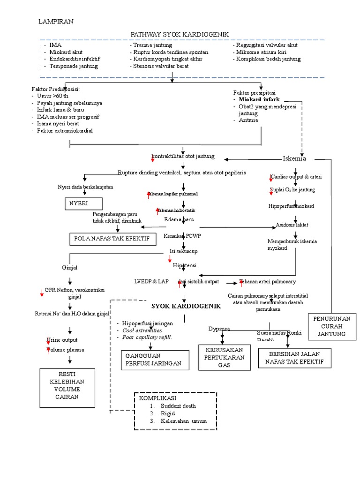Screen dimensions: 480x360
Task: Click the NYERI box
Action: (82, 204)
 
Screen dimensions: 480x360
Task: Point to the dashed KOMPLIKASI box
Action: (175, 411)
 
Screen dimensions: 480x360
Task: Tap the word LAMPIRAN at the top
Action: (55, 22)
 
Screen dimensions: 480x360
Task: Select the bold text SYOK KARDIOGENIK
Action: (186, 306)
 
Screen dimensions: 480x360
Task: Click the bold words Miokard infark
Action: (259, 99)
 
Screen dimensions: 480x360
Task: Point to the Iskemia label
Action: (294, 158)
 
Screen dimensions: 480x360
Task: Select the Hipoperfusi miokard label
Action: (291, 206)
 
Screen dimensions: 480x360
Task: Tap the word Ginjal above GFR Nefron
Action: (69, 268)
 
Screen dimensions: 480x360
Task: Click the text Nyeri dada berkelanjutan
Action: (85, 187)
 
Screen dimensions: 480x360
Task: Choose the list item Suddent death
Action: (178, 406)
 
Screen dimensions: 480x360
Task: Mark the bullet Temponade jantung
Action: (74, 66)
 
